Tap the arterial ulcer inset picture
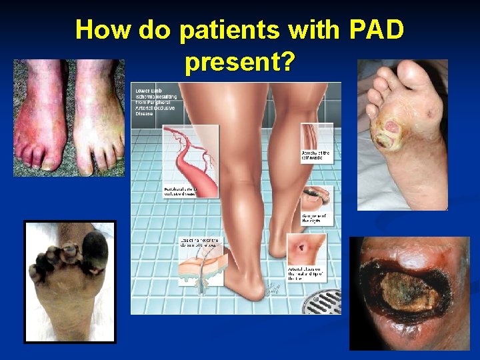[x=306, y=251]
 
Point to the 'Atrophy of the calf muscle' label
[x=316, y=157]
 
